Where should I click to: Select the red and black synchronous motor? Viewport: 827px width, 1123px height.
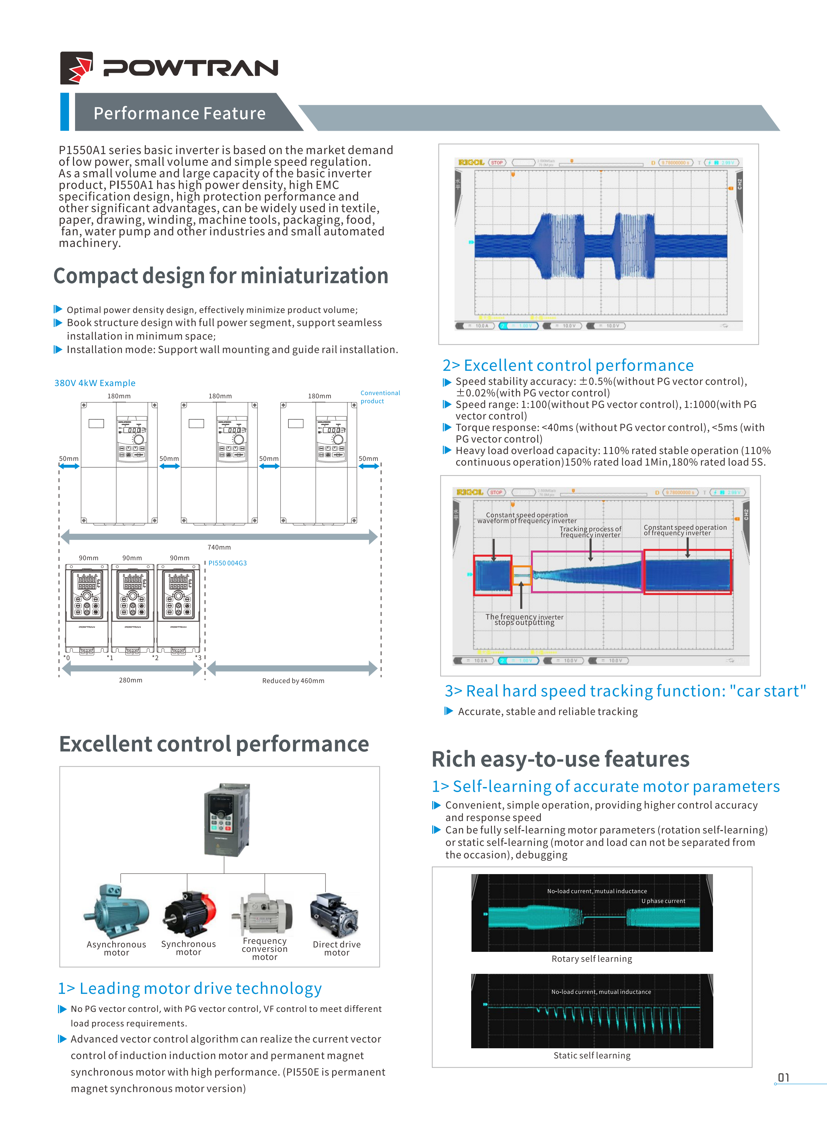[x=189, y=912]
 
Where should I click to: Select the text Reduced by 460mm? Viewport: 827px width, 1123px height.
[x=293, y=681]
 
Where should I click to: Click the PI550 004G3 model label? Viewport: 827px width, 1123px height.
[x=228, y=563]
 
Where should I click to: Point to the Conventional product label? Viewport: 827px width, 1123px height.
[x=380, y=397]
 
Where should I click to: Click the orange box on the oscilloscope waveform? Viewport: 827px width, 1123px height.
[x=521, y=576]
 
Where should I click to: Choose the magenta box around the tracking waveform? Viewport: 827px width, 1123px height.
[x=587, y=572]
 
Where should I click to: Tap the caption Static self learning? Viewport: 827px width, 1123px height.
[x=592, y=1055]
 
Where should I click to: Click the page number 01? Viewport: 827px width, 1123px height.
[x=783, y=1077]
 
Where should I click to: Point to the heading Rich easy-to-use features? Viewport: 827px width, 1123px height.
[x=560, y=759]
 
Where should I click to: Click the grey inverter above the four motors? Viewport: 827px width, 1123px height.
[x=227, y=819]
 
